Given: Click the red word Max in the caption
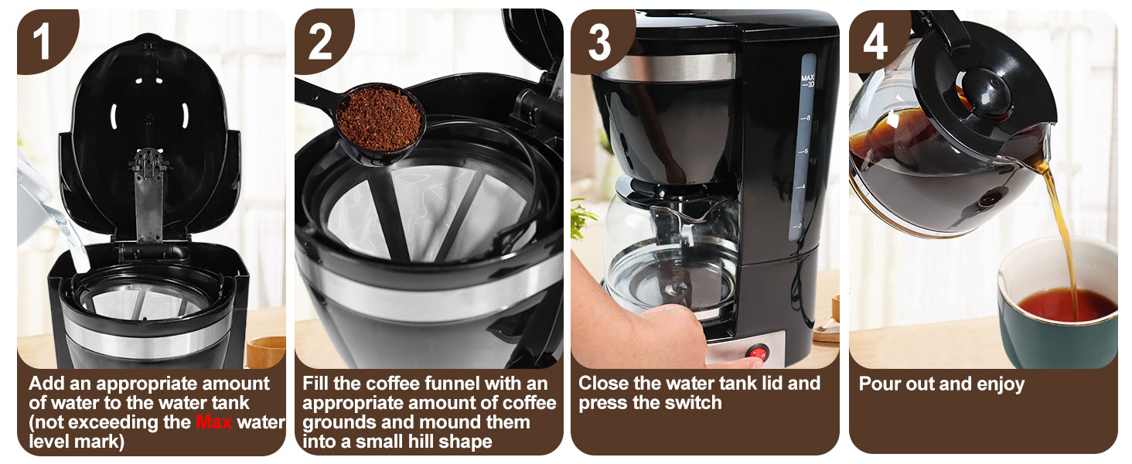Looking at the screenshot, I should point(214,422).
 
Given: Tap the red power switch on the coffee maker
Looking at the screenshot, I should point(759,353).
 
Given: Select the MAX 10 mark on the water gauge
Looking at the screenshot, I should point(808,81).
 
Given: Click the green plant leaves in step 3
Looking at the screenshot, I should point(584,217).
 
